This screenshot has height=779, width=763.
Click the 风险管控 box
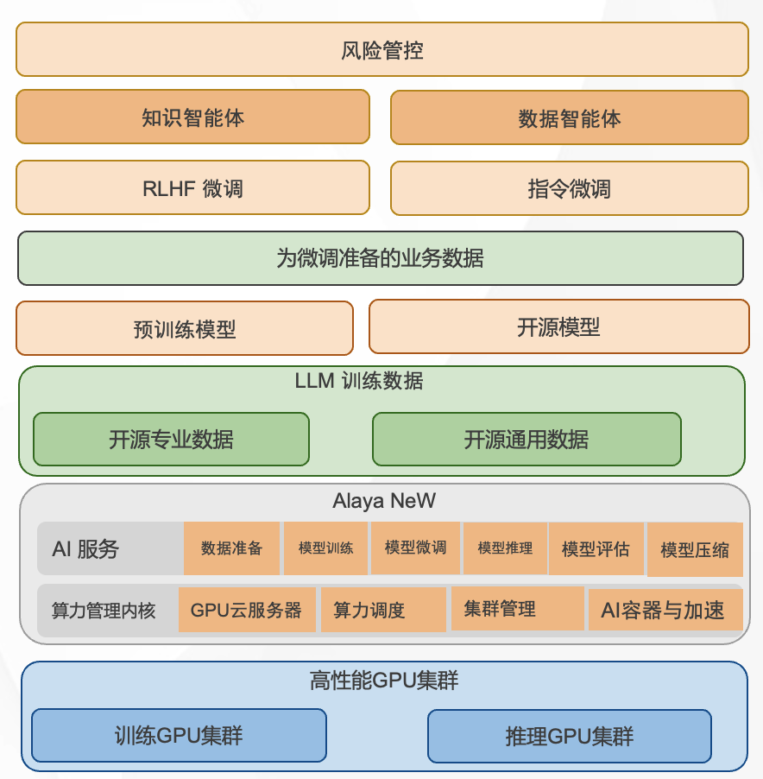tap(381, 49)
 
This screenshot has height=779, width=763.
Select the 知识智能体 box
tap(192, 117)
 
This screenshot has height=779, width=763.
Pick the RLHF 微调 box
tap(192, 188)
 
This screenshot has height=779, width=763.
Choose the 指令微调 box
tap(569, 188)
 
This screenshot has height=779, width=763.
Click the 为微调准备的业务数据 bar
tap(381, 257)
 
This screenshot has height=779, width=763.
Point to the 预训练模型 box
tap(185, 328)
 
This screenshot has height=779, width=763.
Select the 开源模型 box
tap(558, 326)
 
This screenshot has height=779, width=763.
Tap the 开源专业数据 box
tap(171, 439)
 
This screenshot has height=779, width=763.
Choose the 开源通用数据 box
tap(527, 439)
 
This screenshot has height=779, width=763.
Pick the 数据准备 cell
tap(231, 548)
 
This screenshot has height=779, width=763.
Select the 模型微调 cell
tap(415, 547)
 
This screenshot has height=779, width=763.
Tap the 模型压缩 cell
tap(694, 549)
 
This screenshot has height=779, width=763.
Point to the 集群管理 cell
tap(500, 609)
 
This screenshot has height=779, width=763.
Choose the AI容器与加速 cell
tap(665, 611)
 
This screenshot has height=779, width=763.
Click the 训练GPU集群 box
tap(179, 735)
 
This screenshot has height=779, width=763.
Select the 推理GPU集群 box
tap(569, 736)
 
